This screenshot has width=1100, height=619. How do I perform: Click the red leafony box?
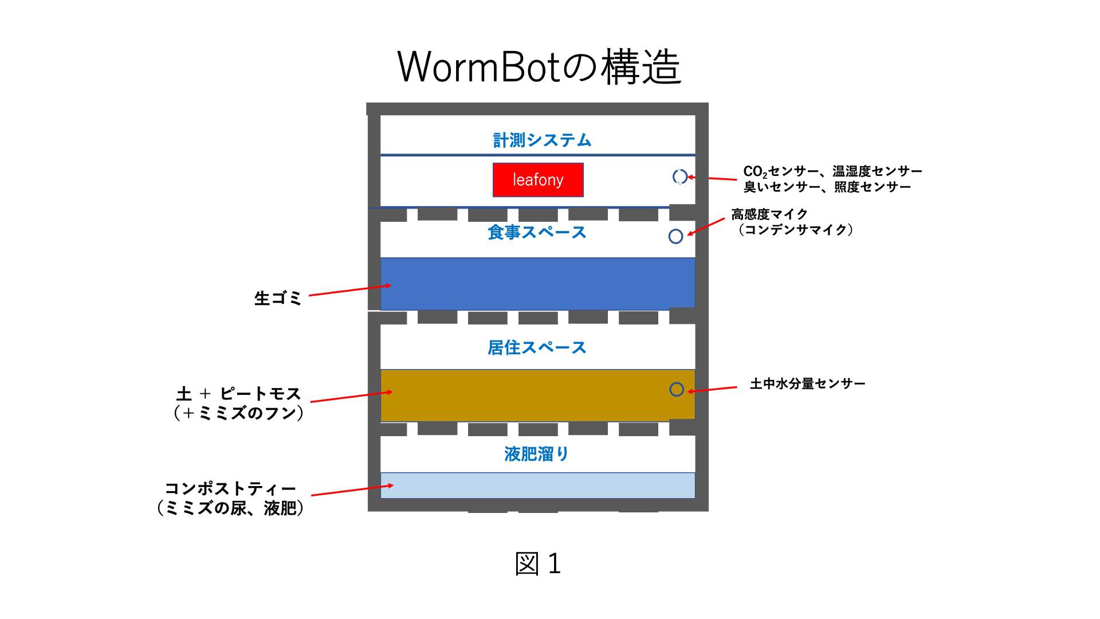(x=538, y=180)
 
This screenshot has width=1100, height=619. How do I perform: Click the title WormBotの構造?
(x=539, y=67)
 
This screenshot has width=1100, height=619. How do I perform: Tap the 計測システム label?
(x=542, y=140)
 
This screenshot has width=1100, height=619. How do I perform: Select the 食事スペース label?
(x=537, y=232)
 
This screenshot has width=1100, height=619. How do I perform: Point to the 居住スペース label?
(x=537, y=347)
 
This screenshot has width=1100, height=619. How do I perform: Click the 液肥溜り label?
(x=537, y=454)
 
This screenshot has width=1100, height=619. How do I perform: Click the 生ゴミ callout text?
(x=277, y=298)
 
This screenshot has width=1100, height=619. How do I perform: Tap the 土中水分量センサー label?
(x=807, y=383)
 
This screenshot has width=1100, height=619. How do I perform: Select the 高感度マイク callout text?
(x=769, y=214)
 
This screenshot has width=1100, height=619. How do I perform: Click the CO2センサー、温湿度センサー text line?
(x=832, y=171)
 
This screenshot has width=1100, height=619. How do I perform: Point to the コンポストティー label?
(x=230, y=488)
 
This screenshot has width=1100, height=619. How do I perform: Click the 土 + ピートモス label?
(x=238, y=394)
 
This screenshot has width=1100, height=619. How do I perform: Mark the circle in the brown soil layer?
(x=677, y=389)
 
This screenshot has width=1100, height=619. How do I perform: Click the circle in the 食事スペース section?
(x=676, y=236)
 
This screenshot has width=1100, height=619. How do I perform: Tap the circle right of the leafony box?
(x=679, y=177)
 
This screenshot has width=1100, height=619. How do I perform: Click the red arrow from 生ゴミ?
(x=350, y=290)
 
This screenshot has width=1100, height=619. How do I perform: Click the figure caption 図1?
(x=537, y=564)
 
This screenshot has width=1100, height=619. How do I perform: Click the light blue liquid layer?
(x=537, y=485)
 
